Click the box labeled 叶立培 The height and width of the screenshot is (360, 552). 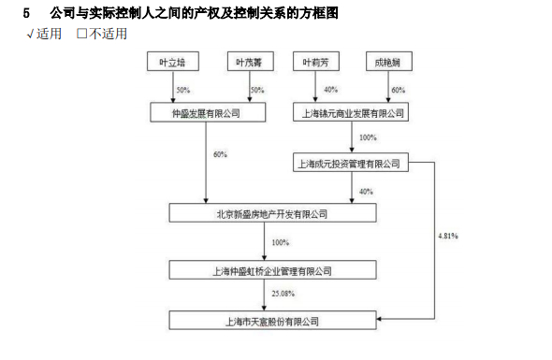coord(173,63)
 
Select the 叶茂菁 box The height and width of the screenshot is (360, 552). coord(249,63)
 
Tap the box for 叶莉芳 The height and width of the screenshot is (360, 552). coord(315,63)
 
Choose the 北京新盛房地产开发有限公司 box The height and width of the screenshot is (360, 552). coord(272,214)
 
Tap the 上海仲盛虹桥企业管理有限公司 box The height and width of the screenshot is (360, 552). coord(272,270)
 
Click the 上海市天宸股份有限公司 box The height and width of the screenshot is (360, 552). coord(272,322)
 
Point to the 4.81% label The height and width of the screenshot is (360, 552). coord(448,236)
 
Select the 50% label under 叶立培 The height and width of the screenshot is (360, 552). coord(182,90)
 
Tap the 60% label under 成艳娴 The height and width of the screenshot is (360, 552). coord(398,90)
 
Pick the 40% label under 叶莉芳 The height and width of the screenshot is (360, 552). coord(330,90)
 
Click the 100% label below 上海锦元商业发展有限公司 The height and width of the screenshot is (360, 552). coord(368,137)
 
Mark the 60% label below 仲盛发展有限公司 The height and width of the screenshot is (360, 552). coord(220,154)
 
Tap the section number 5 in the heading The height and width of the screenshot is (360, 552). coord(26,13)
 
